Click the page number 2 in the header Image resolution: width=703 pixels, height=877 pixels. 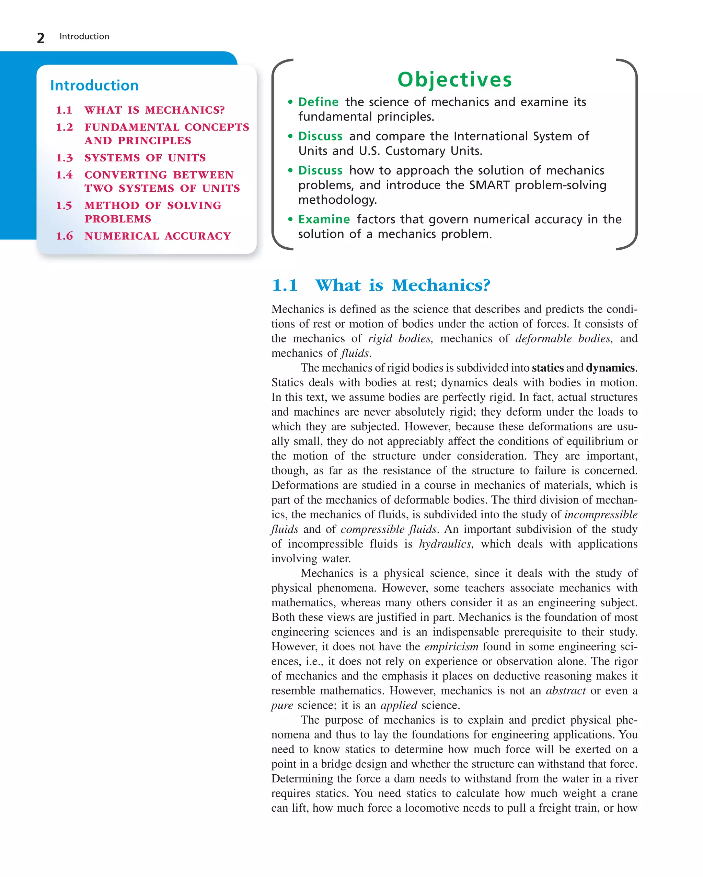point(41,38)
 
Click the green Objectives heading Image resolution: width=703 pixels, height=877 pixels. point(454,79)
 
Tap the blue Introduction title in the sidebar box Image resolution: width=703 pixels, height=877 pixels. point(94,86)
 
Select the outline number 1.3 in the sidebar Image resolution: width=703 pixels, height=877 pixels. point(64,158)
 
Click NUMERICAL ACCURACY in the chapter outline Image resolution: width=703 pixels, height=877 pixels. point(158,236)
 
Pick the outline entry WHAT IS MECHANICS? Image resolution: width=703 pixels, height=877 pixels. point(154,110)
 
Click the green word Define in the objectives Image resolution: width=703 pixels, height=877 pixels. point(318,102)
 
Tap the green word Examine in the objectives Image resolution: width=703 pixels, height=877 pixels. point(324,220)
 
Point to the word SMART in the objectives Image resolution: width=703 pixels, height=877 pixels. point(489,185)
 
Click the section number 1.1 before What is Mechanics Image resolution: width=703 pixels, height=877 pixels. point(285,285)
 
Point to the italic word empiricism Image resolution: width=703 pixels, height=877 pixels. point(451,647)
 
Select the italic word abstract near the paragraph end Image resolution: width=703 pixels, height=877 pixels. point(565,691)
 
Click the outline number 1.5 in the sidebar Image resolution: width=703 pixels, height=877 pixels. point(64,205)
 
